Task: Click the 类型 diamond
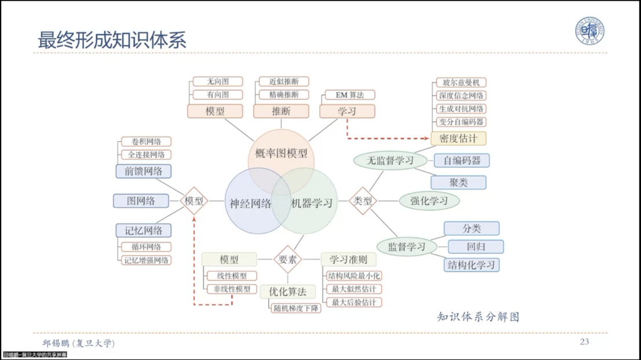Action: point(363,201)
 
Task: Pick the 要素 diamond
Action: point(287,260)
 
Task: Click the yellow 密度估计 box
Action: point(458,139)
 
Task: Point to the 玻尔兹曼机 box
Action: point(461,82)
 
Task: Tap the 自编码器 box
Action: point(462,161)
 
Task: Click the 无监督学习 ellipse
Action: point(390,160)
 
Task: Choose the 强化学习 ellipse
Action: point(429,201)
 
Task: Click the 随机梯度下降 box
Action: point(296,308)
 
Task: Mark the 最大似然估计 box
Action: point(354,289)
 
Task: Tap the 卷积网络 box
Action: point(146,141)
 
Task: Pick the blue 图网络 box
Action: point(141,201)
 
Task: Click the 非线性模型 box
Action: point(232,289)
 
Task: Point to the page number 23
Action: point(584,342)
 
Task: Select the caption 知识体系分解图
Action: point(478,317)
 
